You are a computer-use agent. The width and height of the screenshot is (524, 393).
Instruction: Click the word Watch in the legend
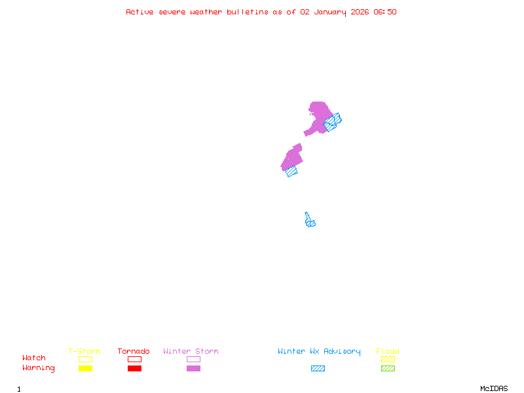coord(34,358)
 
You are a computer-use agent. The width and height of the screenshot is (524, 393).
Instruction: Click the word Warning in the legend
coord(39,368)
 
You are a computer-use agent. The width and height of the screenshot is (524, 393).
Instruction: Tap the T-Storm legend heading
coord(84,352)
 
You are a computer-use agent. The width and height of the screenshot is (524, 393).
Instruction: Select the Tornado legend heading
coord(134,352)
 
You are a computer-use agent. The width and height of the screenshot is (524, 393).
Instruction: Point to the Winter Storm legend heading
coord(191,352)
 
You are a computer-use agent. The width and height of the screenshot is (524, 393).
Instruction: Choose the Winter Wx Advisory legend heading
coord(319,352)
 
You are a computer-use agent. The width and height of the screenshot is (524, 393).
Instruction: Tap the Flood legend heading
coord(388,352)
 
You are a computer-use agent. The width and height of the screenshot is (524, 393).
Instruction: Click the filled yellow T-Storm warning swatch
coord(85,369)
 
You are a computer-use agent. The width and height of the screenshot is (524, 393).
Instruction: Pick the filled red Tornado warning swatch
coord(134,369)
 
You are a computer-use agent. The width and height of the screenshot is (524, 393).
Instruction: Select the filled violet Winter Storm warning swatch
coord(193,369)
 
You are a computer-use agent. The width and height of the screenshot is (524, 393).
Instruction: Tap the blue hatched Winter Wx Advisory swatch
coord(318,369)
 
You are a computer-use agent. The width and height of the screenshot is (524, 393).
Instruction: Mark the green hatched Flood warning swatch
coord(388,369)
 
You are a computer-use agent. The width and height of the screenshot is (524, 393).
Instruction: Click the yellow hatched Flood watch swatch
coord(388,359)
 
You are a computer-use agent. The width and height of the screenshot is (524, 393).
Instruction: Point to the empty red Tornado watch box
coord(134,359)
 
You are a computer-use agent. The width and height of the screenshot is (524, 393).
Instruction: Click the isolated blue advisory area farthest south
coord(309,221)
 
